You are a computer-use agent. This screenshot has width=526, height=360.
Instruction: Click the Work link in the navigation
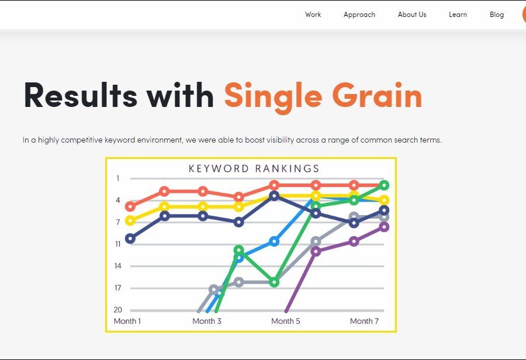click(313, 15)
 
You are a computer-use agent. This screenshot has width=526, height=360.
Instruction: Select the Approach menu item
click(359, 15)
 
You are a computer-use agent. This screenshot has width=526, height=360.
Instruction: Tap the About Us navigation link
click(412, 15)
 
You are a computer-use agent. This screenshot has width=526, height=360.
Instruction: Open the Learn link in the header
click(458, 15)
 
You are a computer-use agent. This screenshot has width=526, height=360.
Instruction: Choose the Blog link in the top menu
click(496, 15)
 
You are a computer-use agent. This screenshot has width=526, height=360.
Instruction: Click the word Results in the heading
click(81, 95)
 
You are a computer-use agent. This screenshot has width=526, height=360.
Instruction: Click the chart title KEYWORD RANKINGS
click(254, 168)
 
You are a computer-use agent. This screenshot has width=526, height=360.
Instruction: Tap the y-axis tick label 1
click(117, 178)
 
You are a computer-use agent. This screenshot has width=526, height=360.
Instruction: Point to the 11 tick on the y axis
click(117, 244)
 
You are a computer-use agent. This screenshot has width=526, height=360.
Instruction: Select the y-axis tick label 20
click(117, 310)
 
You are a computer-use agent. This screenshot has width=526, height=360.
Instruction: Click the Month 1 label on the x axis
click(127, 321)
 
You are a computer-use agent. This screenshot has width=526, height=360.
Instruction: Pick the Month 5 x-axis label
click(285, 321)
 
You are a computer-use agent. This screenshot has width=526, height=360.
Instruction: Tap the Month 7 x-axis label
click(364, 321)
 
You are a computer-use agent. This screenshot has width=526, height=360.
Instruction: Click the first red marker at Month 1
click(130, 206)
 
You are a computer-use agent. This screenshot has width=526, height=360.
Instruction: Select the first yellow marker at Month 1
click(130, 220)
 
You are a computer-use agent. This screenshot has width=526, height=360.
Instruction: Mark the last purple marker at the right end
click(384, 227)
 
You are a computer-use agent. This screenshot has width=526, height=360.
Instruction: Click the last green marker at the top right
click(384, 185)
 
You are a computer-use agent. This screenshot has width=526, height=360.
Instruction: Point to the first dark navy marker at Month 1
click(130, 238)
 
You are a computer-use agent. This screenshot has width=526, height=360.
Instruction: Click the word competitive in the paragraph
click(81, 140)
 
